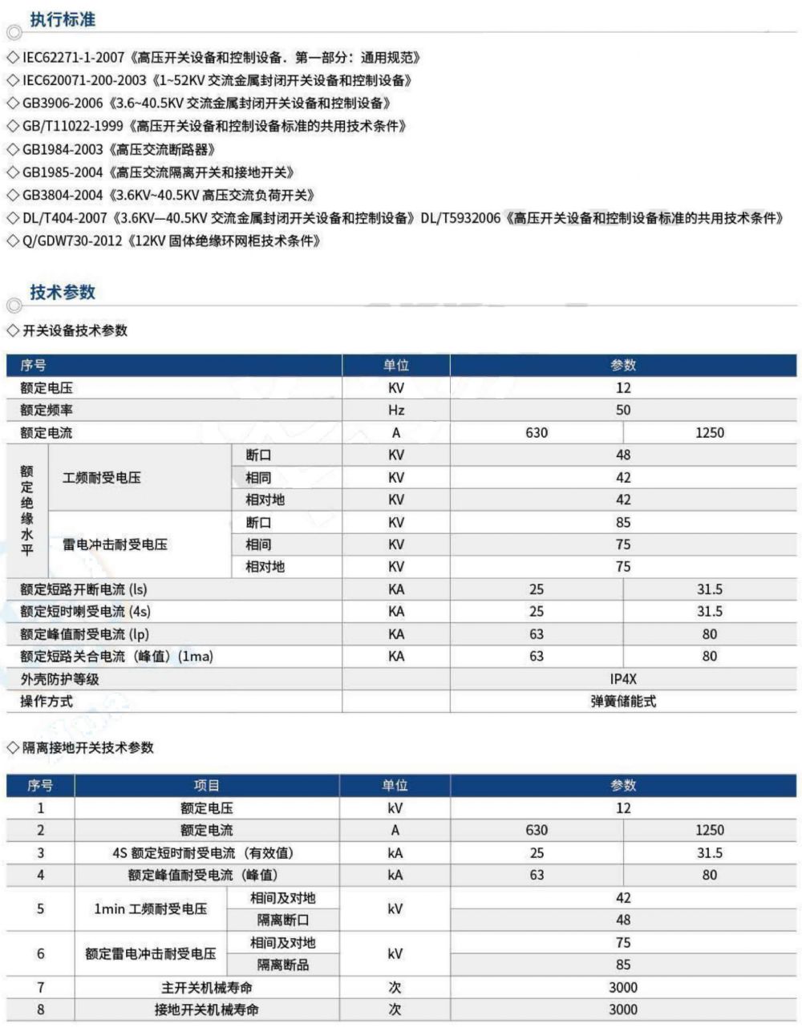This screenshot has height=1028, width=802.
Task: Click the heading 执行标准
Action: pyautogui.click(x=63, y=19)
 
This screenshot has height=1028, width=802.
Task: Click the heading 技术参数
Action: pyautogui.click(x=63, y=292)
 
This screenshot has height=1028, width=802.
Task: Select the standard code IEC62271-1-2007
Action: pyautogui.click(x=74, y=58)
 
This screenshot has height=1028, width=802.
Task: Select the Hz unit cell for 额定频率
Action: pyautogui.click(x=396, y=411)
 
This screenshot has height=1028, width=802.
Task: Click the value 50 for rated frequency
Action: pyautogui.click(x=623, y=411)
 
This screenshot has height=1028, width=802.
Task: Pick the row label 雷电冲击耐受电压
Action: pyautogui.click(x=115, y=544)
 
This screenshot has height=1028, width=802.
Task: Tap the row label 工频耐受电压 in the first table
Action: pyautogui.click(x=102, y=478)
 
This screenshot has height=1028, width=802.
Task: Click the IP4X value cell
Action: pyautogui.click(x=623, y=679)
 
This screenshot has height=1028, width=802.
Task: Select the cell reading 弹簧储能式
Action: pyautogui.click(x=623, y=702)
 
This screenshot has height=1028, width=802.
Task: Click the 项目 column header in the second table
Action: pyautogui.click(x=207, y=786)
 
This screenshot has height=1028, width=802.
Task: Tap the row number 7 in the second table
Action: pyautogui.click(x=41, y=988)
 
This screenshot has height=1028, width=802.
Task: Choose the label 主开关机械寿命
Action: pyautogui.click(x=207, y=988)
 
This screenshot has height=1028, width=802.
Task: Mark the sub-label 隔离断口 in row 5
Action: pyautogui.click(x=283, y=921)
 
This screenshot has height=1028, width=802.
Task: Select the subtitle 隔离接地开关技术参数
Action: pyautogui.click(x=88, y=748)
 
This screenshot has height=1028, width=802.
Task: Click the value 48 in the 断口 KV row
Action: pyautogui.click(x=623, y=455)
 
